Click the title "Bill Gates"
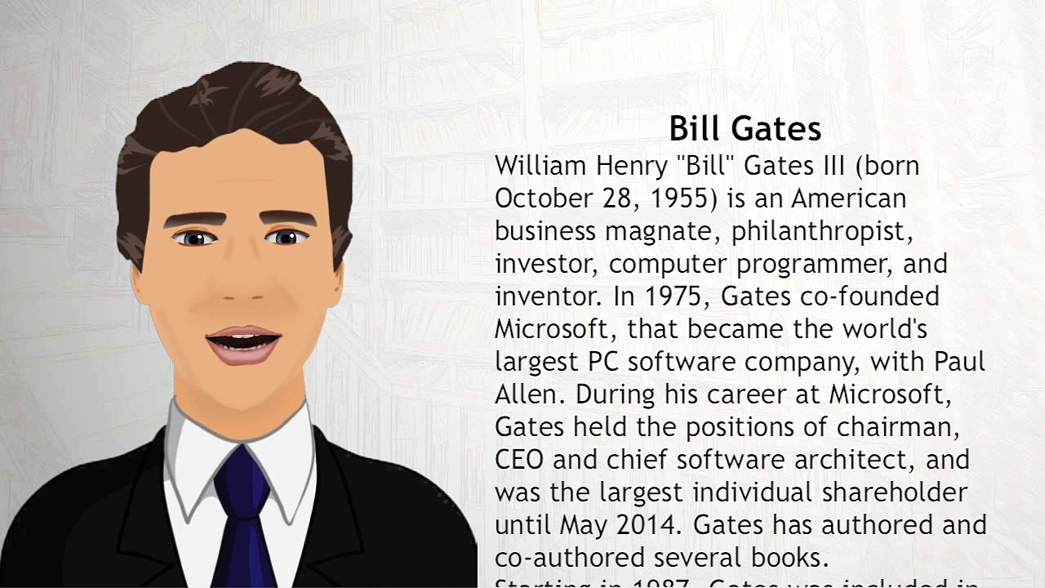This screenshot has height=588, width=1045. click(x=745, y=129)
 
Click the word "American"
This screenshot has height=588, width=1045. click(x=848, y=198)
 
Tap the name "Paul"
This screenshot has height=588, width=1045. click(x=959, y=362)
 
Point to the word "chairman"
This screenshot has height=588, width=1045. click(x=897, y=427)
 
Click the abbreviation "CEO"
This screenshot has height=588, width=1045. click(x=519, y=460)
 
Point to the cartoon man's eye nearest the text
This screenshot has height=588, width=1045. click(x=286, y=238)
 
